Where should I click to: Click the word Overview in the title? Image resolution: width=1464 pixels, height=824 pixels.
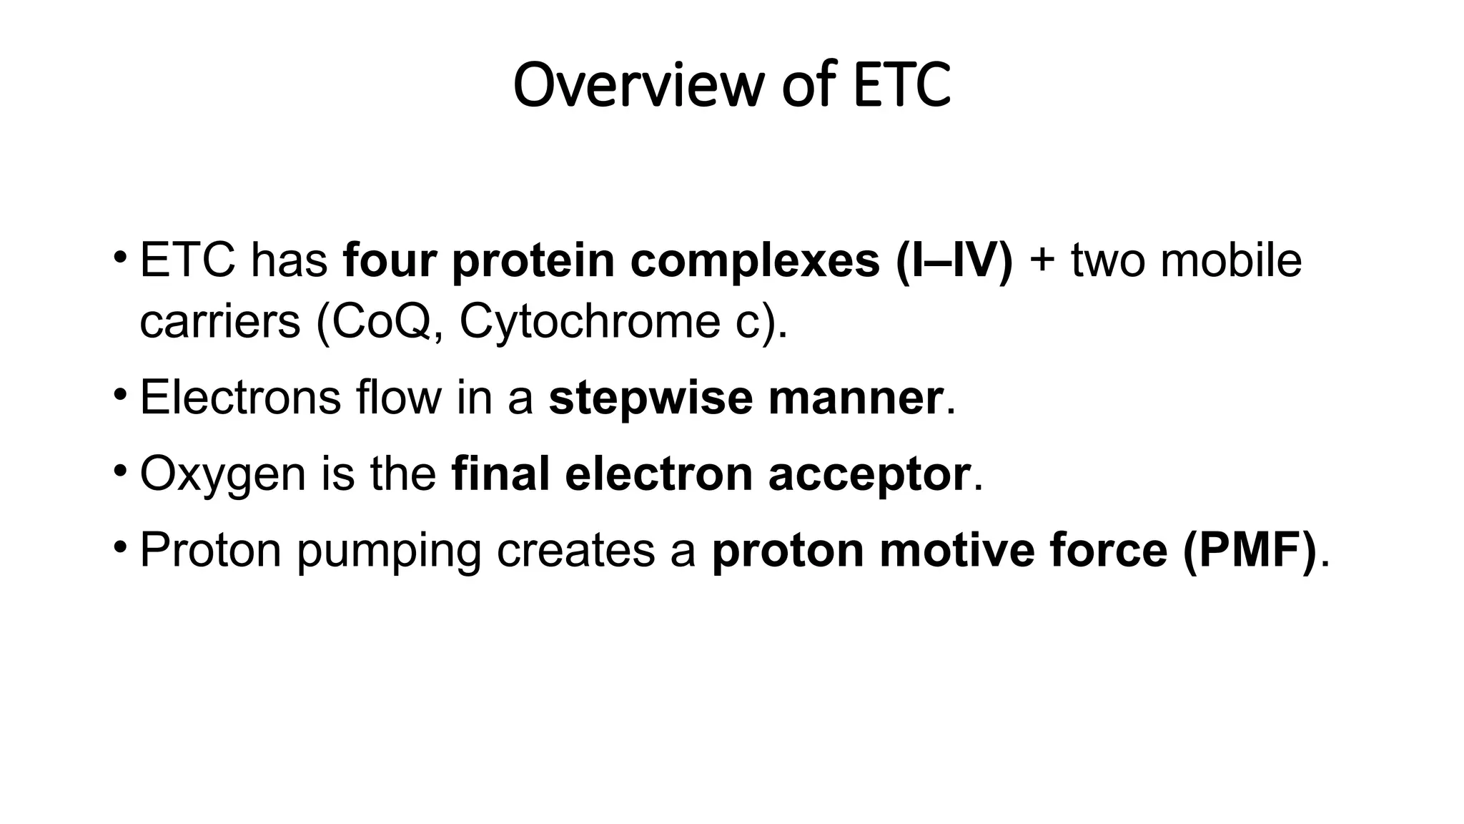click(638, 85)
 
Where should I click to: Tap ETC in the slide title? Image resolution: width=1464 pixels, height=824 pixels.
click(902, 85)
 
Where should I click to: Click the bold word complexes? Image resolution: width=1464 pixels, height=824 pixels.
click(755, 260)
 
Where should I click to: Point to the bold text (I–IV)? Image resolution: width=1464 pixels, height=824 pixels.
click(954, 260)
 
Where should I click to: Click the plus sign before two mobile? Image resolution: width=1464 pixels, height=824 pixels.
click(1042, 260)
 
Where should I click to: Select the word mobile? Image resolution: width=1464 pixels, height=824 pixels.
click(1230, 260)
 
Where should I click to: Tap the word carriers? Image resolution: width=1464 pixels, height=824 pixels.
click(219, 322)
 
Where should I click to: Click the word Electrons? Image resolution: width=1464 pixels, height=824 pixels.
click(240, 398)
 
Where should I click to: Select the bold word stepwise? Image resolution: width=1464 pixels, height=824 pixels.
click(651, 398)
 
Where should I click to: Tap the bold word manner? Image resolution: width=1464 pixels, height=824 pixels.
click(855, 398)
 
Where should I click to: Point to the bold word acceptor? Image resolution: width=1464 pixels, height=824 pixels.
click(869, 474)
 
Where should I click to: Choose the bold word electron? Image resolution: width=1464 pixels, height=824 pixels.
click(658, 474)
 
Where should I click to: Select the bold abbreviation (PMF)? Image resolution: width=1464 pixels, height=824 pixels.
click(1249, 551)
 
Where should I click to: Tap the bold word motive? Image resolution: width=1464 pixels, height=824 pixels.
click(957, 551)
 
